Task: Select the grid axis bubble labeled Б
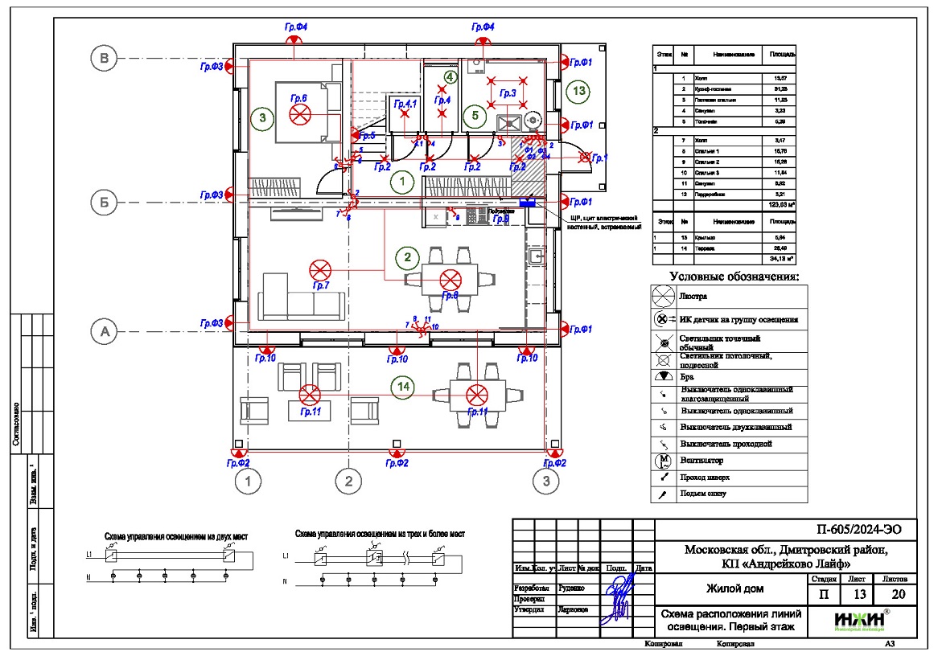point(104,203)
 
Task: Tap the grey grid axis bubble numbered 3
point(546,482)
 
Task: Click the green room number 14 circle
point(407,387)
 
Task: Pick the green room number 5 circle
point(475,116)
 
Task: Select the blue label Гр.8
point(450,296)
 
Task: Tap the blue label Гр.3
point(508,94)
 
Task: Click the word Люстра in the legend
point(693,296)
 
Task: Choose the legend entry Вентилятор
point(701,461)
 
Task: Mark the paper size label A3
point(890,644)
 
